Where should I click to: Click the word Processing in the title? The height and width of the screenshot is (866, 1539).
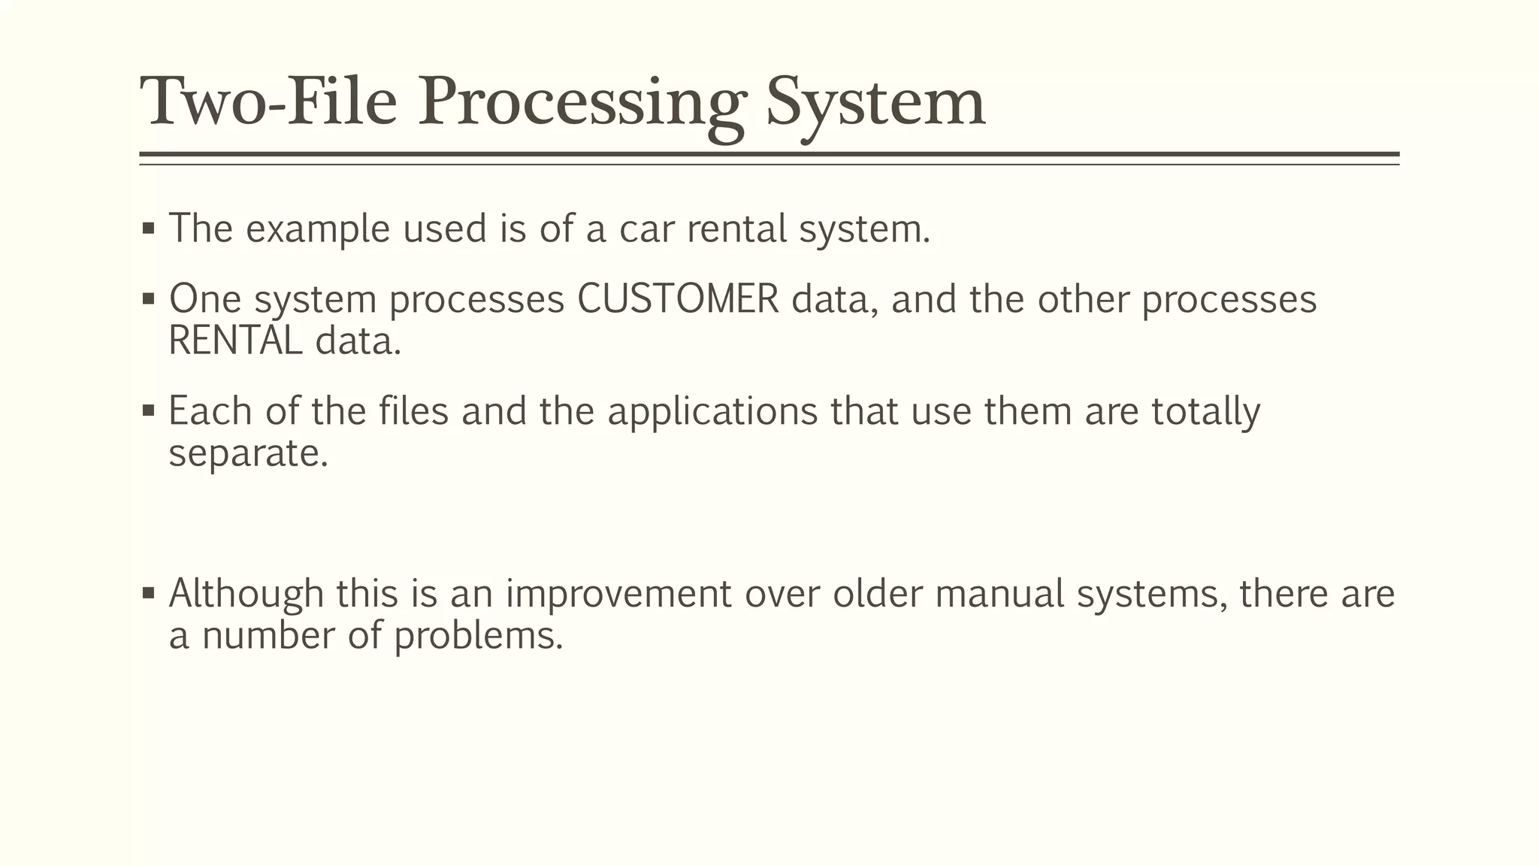pos(582,103)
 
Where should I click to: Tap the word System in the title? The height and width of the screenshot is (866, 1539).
pos(875,103)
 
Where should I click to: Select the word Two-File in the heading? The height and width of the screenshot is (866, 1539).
pos(268,103)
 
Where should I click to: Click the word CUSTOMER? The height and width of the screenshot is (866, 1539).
pos(678,299)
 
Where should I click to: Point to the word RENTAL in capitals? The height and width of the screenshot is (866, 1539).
pos(235,341)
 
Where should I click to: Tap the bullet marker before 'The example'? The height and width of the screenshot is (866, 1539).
pos(148,228)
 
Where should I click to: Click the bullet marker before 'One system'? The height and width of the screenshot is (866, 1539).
pos(148,299)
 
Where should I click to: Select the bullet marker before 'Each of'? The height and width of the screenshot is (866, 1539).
pos(148,410)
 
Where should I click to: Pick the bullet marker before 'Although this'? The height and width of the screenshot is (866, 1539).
pos(148,593)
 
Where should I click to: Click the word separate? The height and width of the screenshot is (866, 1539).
pos(249,453)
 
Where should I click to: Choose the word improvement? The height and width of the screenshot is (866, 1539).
pos(618,594)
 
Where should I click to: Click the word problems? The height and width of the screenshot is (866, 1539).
pos(478,636)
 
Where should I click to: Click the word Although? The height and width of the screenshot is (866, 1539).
pos(246,594)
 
